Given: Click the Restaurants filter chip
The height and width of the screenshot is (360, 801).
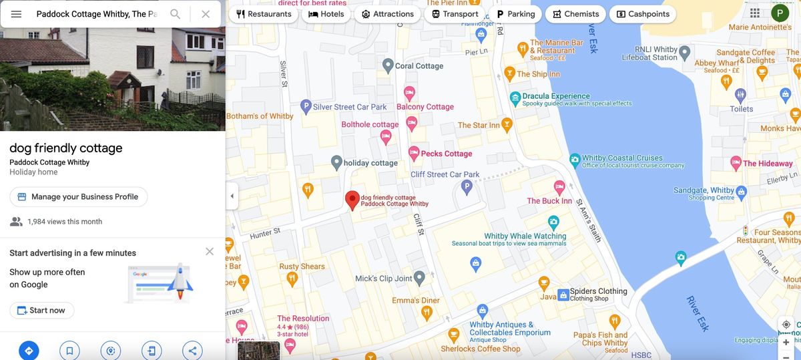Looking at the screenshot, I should point(264,14).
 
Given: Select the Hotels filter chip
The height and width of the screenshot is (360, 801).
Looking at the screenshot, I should point(326,14).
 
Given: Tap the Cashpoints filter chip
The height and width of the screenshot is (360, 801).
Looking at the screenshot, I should point(639,14).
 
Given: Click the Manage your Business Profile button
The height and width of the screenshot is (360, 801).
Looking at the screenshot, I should point(78,197).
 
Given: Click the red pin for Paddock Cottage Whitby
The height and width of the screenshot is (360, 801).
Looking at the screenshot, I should point(352,200).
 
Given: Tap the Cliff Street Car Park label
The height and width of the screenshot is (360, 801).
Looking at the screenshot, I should point(445,174).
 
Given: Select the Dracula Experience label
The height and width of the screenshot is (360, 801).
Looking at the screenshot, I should point(556,96).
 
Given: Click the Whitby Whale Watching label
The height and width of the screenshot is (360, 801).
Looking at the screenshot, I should point(525,236).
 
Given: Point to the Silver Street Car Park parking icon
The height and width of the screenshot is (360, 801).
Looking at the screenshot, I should point(306,106).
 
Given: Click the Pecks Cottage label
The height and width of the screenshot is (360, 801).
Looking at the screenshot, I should point(446,154).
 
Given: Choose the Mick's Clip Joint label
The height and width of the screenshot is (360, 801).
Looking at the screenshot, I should point(384,279).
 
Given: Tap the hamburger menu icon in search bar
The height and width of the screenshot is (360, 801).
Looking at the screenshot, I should point(16,14).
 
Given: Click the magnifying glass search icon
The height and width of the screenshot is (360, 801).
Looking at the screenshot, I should point(175,14).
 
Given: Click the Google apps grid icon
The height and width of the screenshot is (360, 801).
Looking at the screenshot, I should point(755,13).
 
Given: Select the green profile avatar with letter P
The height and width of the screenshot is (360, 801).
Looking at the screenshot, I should point(780,13).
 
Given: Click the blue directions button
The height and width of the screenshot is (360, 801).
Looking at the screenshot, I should point(29,350).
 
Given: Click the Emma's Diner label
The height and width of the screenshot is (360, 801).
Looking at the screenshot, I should point(416,301).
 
